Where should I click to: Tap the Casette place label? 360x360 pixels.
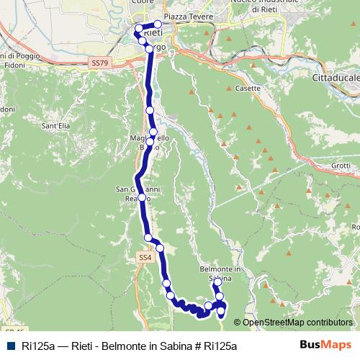(x=248, y=89)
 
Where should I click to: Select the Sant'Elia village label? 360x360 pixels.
(x=55, y=126)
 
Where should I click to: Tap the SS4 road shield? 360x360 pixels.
(x=145, y=256)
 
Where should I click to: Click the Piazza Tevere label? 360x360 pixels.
(x=185, y=16)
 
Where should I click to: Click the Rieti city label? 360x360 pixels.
(x=153, y=33)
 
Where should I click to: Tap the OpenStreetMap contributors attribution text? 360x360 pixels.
(x=297, y=322)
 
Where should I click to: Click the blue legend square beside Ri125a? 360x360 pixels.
(x=10, y=346)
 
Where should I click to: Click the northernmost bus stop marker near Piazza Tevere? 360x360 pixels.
(x=158, y=24)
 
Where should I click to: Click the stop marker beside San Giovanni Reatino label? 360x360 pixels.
(x=142, y=197)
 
